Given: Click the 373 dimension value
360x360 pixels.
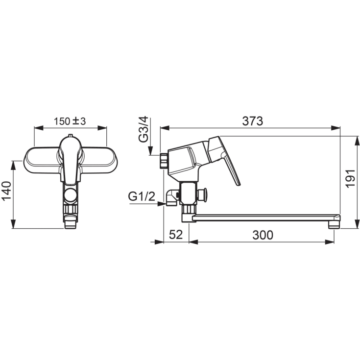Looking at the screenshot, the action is coord(252,121).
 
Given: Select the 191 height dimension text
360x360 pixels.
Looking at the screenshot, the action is coord(351,178).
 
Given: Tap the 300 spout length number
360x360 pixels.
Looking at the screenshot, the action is coord(263,235).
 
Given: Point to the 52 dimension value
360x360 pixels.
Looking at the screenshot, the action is coord(176,235).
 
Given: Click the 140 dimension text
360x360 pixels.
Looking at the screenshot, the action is coord(7,191).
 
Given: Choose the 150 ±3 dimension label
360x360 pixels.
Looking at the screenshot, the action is coord(70,121).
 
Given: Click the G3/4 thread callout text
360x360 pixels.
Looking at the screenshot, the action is coord(144,129).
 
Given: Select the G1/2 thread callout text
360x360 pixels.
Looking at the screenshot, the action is coord(142,196).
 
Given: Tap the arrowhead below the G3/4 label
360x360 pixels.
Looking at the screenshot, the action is coord(150,151).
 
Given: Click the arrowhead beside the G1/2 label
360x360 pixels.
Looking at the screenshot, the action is coord(161,203).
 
